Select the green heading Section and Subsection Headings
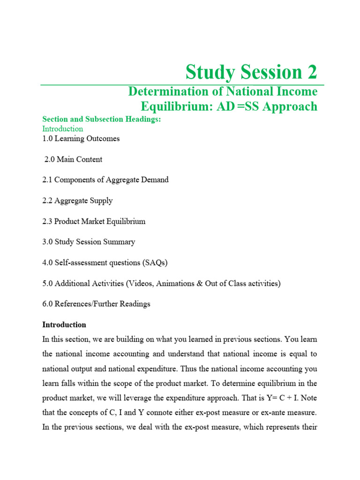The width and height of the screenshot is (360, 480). point(102,120)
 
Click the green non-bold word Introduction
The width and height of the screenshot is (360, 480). point(63,128)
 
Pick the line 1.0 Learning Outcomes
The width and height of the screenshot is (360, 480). point(81,139)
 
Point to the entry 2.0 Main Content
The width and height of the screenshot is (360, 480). point(73,159)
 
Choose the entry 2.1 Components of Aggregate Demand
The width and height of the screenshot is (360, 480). point(105,180)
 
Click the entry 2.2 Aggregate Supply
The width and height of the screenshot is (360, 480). point(77,201)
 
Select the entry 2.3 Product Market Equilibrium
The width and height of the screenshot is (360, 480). point(94,221)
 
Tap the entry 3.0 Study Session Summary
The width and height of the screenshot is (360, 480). point(89,242)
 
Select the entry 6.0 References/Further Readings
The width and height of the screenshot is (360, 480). point(96,304)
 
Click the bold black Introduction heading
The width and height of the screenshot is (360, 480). point(64,324)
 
